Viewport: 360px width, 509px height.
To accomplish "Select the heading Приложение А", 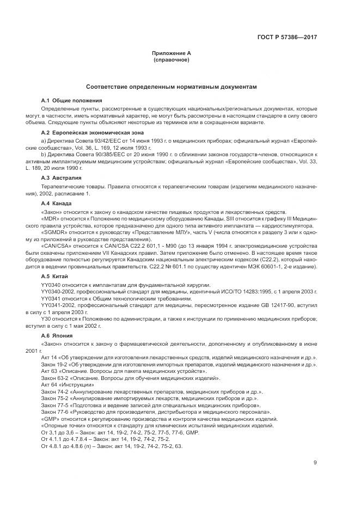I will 172,53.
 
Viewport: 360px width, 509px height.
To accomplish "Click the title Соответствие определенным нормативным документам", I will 172,87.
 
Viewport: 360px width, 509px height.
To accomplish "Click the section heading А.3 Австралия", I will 62,177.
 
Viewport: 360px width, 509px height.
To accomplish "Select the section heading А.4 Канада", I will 57,203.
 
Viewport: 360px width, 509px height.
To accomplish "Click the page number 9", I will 315,463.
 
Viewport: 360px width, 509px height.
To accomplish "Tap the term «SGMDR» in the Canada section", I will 53,232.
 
